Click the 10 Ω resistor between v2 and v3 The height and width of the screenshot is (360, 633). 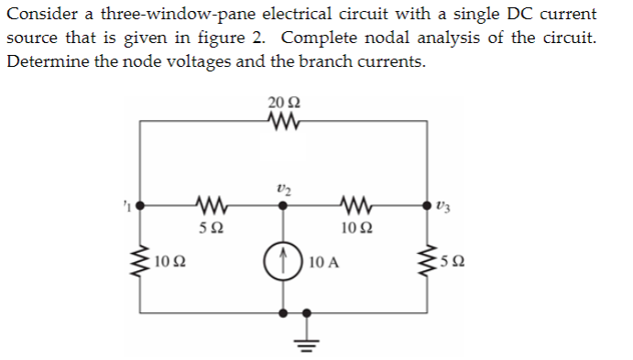pyautogui.click(x=353, y=206)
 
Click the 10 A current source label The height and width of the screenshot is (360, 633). pyautogui.click(x=325, y=263)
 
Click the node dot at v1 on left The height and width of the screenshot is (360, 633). pyautogui.click(x=139, y=206)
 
